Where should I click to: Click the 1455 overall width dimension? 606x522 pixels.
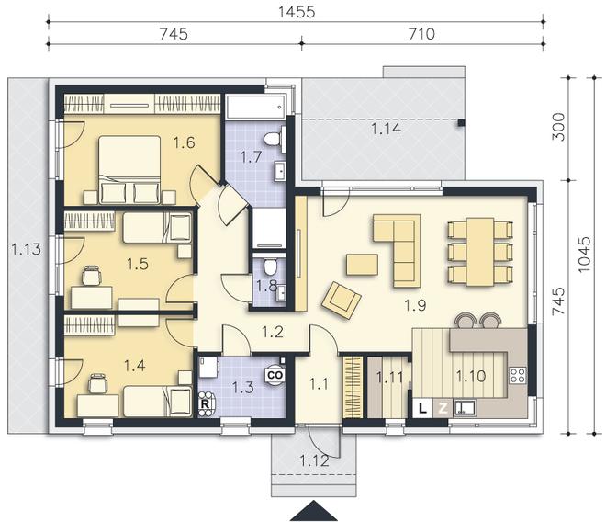pos(297,12)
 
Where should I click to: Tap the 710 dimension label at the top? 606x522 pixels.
pos(421,34)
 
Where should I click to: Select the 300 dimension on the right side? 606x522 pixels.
pos(558,127)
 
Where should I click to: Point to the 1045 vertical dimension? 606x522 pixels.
pos(584,255)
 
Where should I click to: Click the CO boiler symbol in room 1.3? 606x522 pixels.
pos(275,375)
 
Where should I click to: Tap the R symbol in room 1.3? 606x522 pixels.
pos(206,404)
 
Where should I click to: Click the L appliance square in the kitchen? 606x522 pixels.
pos(422,408)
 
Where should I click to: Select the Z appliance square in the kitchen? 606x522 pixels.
pos(443,408)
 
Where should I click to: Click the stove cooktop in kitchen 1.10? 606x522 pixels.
pos(518,375)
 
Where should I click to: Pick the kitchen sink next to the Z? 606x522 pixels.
pos(465,408)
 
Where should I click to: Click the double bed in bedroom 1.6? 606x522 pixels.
pos(129,169)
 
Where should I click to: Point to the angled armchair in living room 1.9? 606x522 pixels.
pos(342,300)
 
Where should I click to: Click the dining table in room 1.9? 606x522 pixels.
pos(480,252)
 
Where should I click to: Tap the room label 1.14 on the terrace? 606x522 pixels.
pos(386,129)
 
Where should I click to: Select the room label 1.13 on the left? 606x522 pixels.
pos(26,249)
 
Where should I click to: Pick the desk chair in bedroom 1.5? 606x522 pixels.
pos(92,276)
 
